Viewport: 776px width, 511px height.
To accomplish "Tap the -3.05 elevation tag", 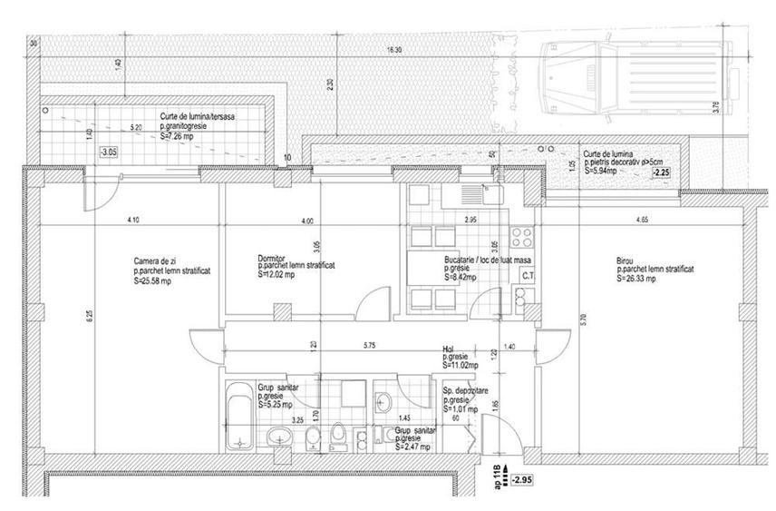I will pyautogui.click(x=109, y=152).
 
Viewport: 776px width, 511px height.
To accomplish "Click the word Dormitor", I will pyautogui.click(x=272, y=257).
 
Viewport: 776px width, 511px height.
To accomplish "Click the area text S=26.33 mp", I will pyautogui.click(x=642, y=279).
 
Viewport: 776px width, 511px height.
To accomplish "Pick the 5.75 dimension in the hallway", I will pyautogui.click(x=370, y=345).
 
